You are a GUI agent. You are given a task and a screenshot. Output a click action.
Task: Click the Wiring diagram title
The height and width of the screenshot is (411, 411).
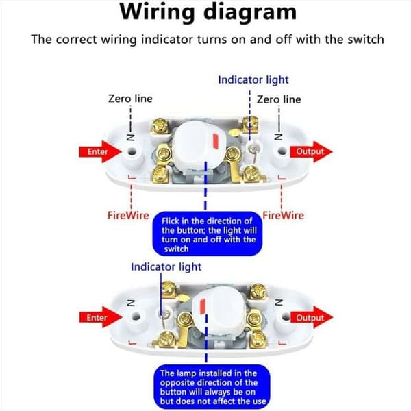coord(208,12)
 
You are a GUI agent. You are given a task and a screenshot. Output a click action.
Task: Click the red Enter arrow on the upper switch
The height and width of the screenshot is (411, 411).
coord(100,151)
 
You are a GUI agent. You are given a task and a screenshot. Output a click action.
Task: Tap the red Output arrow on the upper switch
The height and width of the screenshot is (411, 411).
coord(311,151)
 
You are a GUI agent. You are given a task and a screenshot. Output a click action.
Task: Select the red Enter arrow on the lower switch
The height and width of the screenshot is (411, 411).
coord(101,317)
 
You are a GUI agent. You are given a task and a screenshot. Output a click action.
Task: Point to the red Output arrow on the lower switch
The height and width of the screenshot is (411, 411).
coord(312,317)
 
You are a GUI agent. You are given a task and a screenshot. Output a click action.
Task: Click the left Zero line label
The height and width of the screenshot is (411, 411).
coord(130,99)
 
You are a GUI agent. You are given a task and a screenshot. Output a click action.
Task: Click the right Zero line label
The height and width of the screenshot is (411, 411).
coord(279,99)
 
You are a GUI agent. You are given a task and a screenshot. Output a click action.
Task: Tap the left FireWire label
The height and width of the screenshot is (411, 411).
coord(128,216)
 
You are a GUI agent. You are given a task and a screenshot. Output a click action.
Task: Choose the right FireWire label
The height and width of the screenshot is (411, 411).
coord(284,216)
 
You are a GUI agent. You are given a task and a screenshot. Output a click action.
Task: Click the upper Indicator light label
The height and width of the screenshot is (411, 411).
coord(253,80)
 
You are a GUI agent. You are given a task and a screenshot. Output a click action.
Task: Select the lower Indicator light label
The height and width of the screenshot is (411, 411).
coord(166,267)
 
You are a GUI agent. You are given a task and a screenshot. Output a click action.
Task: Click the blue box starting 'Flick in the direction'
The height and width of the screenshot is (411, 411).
coord(208,234)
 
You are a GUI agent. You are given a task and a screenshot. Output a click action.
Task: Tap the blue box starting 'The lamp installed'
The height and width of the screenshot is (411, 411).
coord(212,387)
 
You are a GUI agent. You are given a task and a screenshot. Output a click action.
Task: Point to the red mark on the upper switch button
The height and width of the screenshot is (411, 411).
coord(216,141)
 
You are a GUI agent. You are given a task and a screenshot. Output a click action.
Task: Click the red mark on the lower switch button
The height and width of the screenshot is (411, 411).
coord(202,306)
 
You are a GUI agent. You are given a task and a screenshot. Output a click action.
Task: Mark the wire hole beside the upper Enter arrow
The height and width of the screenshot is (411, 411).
coord(132,151)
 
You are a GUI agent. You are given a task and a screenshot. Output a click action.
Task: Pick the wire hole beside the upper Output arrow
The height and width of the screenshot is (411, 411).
coord(282,151)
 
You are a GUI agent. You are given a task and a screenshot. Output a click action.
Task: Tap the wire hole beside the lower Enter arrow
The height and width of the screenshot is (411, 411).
coord(135,316)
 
